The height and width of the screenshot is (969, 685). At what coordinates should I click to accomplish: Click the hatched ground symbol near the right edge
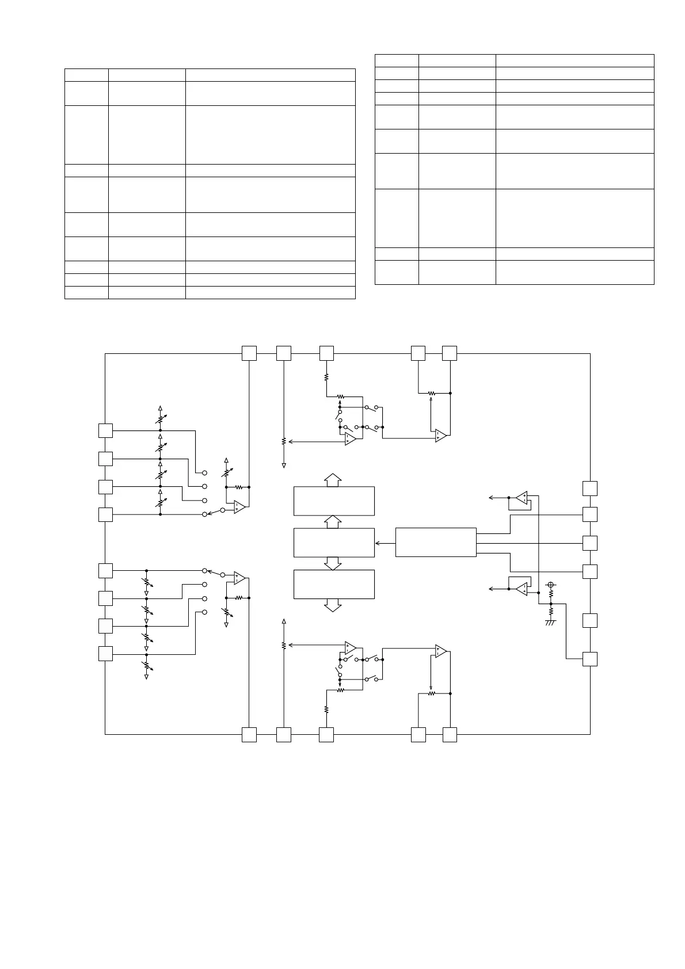pos(551,622)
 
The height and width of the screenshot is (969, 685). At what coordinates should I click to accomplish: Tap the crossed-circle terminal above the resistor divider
pos(551,585)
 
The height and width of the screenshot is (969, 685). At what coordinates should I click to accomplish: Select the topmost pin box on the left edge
pos(105,430)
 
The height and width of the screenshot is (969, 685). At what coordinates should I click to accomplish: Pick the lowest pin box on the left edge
pos(105,654)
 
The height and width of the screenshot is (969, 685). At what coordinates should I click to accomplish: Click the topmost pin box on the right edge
pos(590,488)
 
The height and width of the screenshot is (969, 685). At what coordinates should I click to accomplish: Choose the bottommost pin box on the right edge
pos(590,659)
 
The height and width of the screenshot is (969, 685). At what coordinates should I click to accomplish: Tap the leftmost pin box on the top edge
pos(249,353)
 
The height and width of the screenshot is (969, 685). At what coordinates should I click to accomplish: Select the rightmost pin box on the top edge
pos(450,353)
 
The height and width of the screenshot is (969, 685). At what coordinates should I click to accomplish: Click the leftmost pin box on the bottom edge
pos(249,734)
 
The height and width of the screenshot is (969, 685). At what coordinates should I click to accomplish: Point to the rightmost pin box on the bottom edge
pos(450,734)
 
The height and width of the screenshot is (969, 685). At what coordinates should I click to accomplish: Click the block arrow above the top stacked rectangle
pos(333,480)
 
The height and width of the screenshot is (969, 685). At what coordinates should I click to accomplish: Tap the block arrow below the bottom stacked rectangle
pos(333,605)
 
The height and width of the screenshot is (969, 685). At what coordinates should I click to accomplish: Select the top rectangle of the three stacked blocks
pos(334,501)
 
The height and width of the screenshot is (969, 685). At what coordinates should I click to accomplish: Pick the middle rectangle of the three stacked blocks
pos(334,542)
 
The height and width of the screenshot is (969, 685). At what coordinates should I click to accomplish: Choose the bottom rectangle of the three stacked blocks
pos(334,584)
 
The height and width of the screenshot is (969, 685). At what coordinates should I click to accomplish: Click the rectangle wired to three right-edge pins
pos(436,542)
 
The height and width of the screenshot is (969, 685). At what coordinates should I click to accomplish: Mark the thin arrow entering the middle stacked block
pos(385,543)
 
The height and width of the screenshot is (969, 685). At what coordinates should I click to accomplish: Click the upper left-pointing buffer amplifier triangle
pos(522,497)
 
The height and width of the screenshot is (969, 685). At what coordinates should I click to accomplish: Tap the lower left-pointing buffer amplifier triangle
pos(522,589)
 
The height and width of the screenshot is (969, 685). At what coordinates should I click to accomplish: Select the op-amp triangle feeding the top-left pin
pos(240,507)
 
